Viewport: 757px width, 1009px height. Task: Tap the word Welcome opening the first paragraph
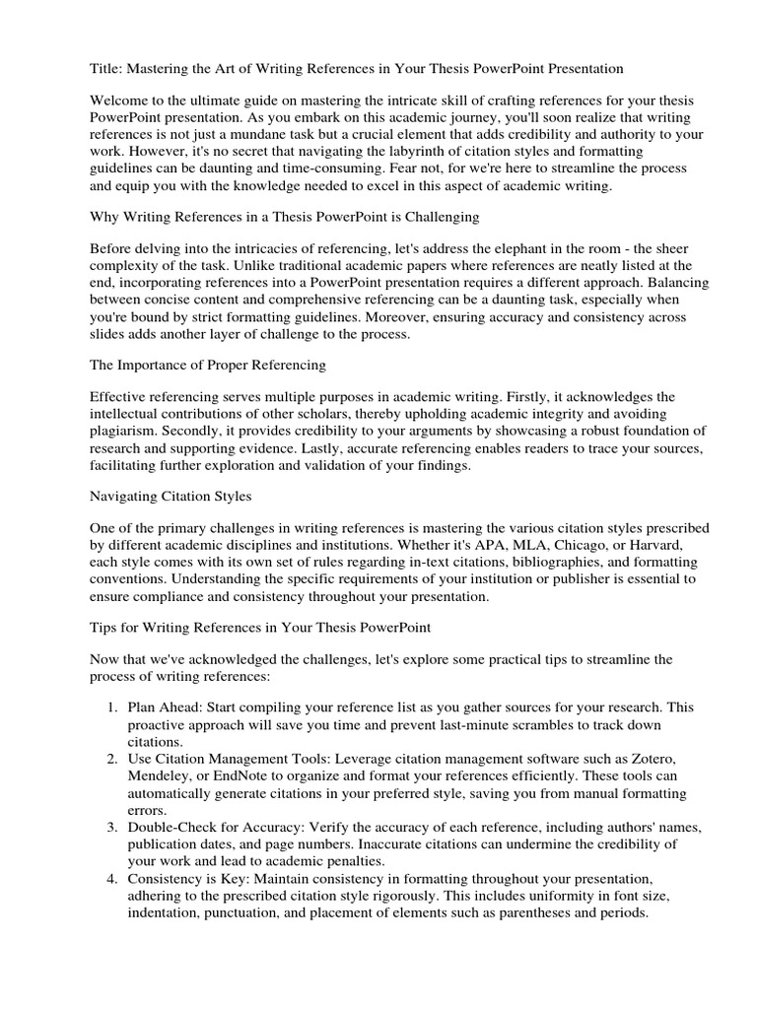tap(119, 101)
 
